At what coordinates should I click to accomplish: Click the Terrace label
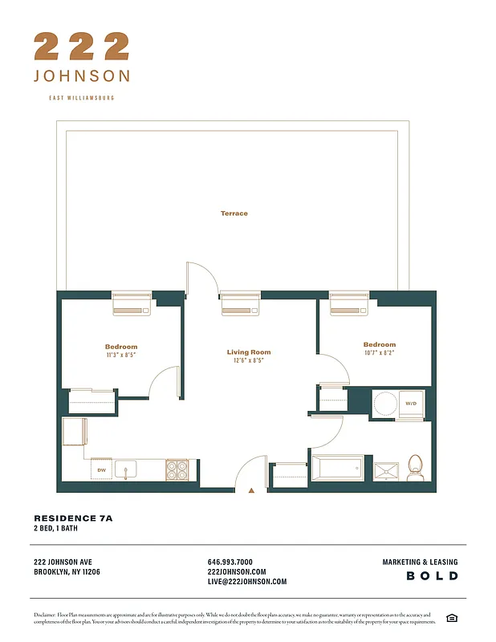coord(234,213)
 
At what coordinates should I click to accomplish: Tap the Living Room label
coord(248,352)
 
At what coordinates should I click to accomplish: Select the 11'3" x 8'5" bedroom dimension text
coord(121,355)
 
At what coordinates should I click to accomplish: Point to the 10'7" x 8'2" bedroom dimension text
coord(379,352)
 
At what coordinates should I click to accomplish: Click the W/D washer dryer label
coord(410,404)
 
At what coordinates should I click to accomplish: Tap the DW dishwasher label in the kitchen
coord(102,470)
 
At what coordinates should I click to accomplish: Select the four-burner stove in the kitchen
coord(177,469)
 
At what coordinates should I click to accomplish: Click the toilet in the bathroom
coord(415,468)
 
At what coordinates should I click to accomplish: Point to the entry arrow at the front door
coord(252,488)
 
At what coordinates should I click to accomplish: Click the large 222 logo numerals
coord(82,47)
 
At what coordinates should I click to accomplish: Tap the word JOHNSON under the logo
coord(82,76)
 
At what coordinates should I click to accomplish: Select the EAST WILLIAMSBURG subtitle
coord(82,98)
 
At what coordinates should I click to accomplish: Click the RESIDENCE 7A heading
coord(73,518)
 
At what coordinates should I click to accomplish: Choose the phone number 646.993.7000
coord(230,562)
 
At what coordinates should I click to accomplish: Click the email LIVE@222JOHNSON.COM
coord(246,582)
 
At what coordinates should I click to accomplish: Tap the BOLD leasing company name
coord(432,576)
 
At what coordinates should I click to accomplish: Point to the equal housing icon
coord(452,617)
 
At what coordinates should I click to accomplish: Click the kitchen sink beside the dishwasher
coord(126,469)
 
